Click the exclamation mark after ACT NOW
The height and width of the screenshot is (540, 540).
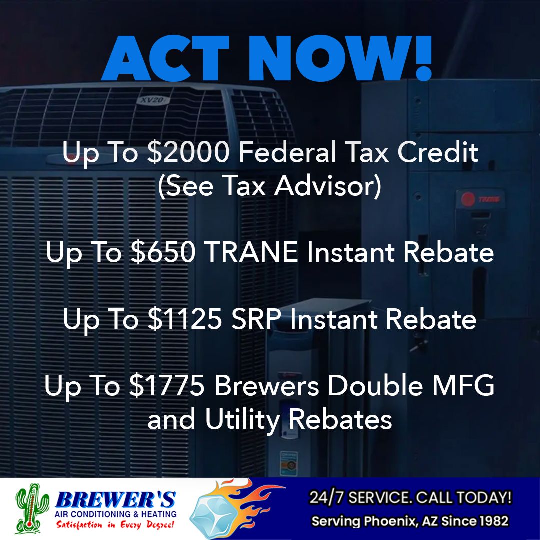click(x=423, y=58)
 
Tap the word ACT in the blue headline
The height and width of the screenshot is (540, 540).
click(x=165, y=58)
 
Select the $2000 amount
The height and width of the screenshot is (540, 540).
click(x=188, y=152)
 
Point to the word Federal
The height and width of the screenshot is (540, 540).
click(x=287, y=152)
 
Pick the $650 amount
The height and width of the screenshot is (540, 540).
click(x=163, y=252)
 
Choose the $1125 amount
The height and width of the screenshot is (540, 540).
click(x=185, y=319)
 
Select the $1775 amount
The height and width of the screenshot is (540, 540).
click(x=167, y=385)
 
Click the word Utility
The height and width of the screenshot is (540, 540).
click(x=243, y=419)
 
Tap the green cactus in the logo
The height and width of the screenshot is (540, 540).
click(x=32, y=508)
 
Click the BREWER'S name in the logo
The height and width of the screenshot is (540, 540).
click(x=115, y=500)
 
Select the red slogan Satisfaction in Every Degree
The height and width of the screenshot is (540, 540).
click(x=115, y=525)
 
